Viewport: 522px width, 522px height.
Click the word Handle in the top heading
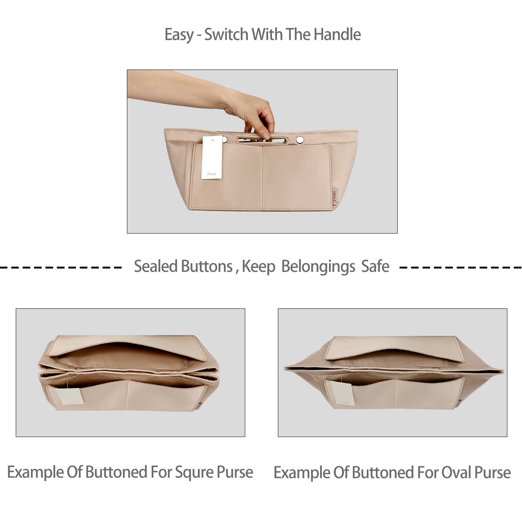pos(337,35)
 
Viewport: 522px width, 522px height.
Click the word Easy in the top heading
pos(179,35)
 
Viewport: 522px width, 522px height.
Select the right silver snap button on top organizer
pos(300,140)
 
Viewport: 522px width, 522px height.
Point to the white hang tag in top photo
pos(212,158)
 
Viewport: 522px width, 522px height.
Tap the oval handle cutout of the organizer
pos(262,141)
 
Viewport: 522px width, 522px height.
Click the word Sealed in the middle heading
pos(155,267)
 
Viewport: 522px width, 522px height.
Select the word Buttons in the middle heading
pos(207,267)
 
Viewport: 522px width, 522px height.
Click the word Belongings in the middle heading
pos(318,267)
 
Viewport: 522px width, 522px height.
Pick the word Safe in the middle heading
pos(375,267)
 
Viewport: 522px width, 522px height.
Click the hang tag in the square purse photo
pos(69,397)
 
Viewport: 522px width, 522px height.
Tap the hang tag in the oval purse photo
pos(342,393)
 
